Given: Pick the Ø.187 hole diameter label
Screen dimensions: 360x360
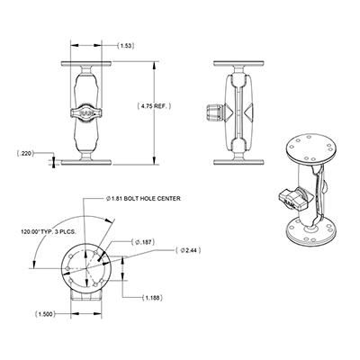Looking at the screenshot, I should click(x=142, y=241).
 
